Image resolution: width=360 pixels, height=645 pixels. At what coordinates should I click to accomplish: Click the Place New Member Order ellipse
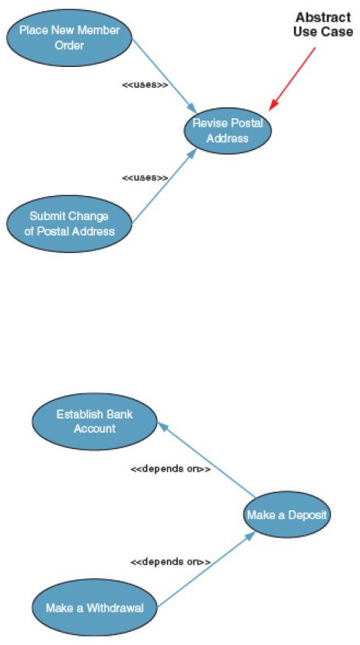[x=69, y=37]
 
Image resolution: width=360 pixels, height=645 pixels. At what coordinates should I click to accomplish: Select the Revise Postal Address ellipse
[x=227, y=131]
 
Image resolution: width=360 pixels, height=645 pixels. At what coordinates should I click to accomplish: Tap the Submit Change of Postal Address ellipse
[x=69, y=224]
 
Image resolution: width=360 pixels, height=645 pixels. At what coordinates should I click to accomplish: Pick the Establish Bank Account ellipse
[x=95, y=421]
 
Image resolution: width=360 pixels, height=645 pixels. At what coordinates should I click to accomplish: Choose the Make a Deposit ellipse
[x=286, y=514]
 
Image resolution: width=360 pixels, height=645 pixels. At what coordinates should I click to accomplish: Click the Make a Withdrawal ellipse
[x=95, y=608]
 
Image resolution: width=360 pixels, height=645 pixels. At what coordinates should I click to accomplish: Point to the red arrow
[x=292, y=79]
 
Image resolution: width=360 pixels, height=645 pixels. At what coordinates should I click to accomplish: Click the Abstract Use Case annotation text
[x=323, y=25]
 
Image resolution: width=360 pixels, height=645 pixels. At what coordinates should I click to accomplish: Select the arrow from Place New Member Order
[x=164, y=75]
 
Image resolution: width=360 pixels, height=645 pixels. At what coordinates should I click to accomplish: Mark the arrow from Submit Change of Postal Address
[x=164, y=186]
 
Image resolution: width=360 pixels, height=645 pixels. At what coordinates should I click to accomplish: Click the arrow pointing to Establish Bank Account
[x=207, y=459]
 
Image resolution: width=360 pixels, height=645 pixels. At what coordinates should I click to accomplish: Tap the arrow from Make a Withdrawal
[x=206, y=570]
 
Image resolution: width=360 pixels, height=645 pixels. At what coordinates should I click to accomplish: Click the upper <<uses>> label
[x=145, y=85]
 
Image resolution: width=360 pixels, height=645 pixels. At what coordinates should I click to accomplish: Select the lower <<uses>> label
[x=145, y=177]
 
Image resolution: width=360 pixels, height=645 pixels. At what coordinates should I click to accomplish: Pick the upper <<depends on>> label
[x=170, y=468]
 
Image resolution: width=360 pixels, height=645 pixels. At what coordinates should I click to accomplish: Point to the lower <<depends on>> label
[x=170, y=562]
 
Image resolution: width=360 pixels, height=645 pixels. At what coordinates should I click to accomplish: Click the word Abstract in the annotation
[x=323, y=18]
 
